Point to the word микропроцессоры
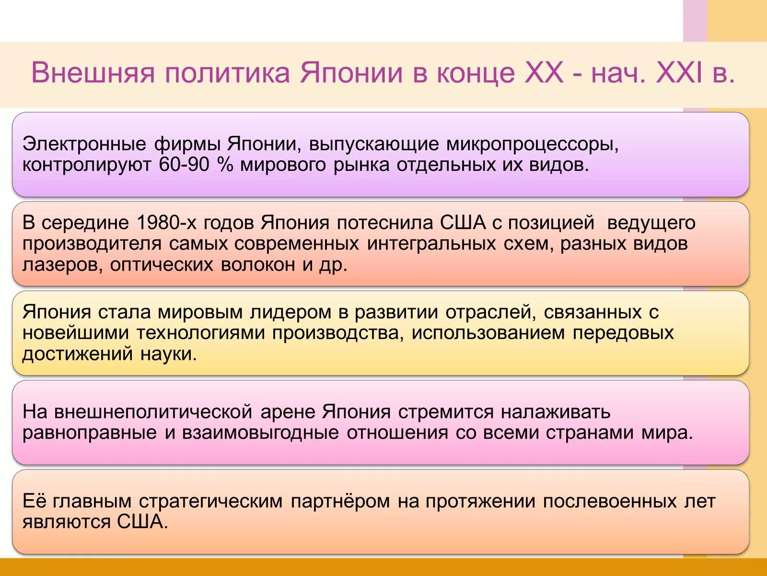point(532,144)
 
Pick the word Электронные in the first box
point(84,144)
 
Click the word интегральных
point(431,244)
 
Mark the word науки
point(169,354)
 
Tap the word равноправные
point(90,433)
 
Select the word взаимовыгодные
point(260,433)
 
